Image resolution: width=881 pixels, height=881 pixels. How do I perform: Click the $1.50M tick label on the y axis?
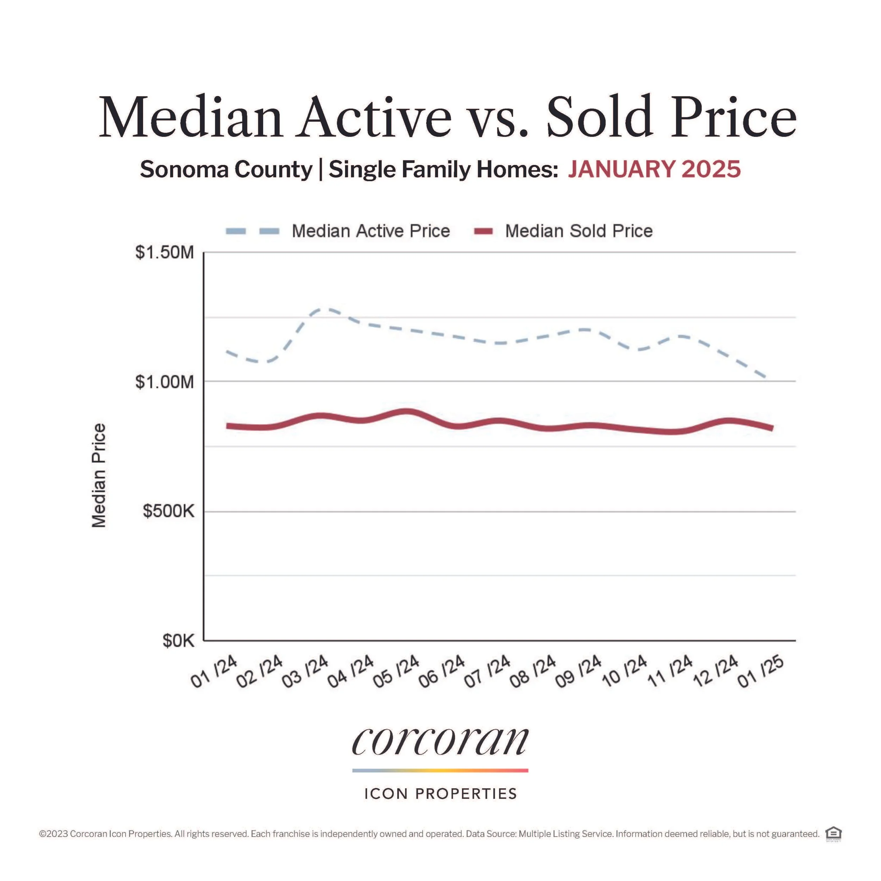tap(165, 252)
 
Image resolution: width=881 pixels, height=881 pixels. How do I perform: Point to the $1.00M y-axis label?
tap(165, 382)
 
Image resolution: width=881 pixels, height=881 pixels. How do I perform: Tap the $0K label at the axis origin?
tap(178, 641)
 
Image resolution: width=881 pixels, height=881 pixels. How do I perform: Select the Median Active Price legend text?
tap(371, 231)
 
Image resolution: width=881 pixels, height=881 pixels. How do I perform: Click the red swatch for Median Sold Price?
tap(483, 232)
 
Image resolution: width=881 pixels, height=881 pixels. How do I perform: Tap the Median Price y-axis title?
tap(99, 476)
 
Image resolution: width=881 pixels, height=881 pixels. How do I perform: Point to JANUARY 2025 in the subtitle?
tap(654, 169)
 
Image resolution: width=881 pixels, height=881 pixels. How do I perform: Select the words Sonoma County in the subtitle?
tap(226, 170)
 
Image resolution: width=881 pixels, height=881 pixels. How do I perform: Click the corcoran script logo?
tap(440, 741)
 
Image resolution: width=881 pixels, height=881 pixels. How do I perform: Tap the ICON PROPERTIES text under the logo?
tap(440, 794)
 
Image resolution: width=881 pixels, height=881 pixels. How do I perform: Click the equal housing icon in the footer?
tap(833, 833)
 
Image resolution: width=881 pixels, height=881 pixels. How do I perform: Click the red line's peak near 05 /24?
tap(407, 412)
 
